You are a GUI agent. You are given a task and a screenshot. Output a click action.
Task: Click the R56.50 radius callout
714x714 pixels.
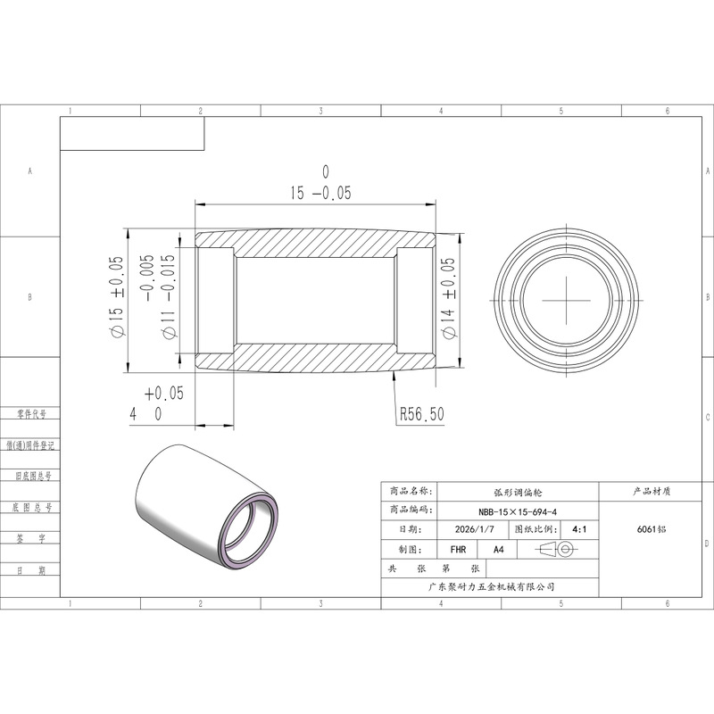pos(421,414)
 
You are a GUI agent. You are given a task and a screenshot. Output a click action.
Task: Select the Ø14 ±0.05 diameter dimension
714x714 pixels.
pos(449,298)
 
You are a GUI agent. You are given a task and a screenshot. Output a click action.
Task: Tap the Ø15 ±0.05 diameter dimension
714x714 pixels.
pos(116,296)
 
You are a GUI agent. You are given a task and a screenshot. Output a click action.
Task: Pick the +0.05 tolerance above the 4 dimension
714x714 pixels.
pos(164,393)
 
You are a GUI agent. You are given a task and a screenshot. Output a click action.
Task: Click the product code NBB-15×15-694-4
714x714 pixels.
pos(518,511)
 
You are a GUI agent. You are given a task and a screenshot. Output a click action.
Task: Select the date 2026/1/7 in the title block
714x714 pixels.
pos(474,529)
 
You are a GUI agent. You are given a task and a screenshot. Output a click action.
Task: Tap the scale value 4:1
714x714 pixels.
pos(579,529)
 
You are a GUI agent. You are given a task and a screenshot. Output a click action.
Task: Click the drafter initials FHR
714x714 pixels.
pos(458,550)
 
